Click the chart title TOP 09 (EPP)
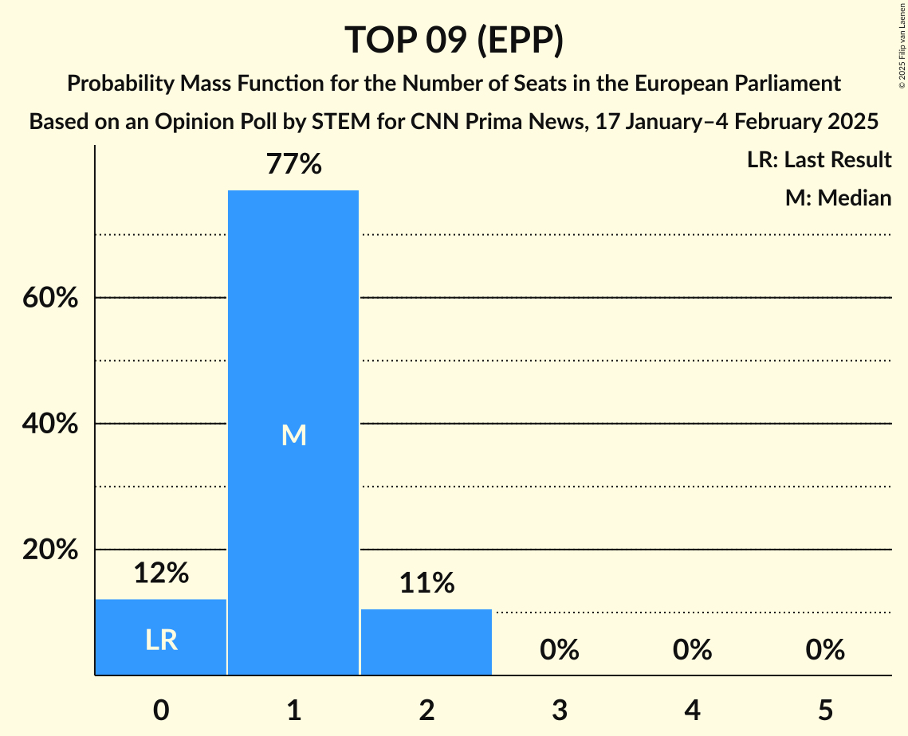click(x=454, y=40)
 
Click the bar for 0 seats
click(x=161, y=637)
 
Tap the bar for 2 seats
click(x=426, y=642)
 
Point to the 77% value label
click(x=293, y=165)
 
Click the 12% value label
click(x=161, y=573)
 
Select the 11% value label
click(x=426, y=583)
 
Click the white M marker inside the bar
click(x=293, y=435)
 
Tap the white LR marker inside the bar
click(x=161, y=640)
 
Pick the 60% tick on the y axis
click(x=49, y=298)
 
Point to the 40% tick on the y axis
click(x=49, y=424)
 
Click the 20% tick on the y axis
click(x=49, y=550)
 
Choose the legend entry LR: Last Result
click(x=819, y=160)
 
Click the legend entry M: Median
click(x=838, y=198)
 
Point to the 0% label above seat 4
click(x=692, y=651)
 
